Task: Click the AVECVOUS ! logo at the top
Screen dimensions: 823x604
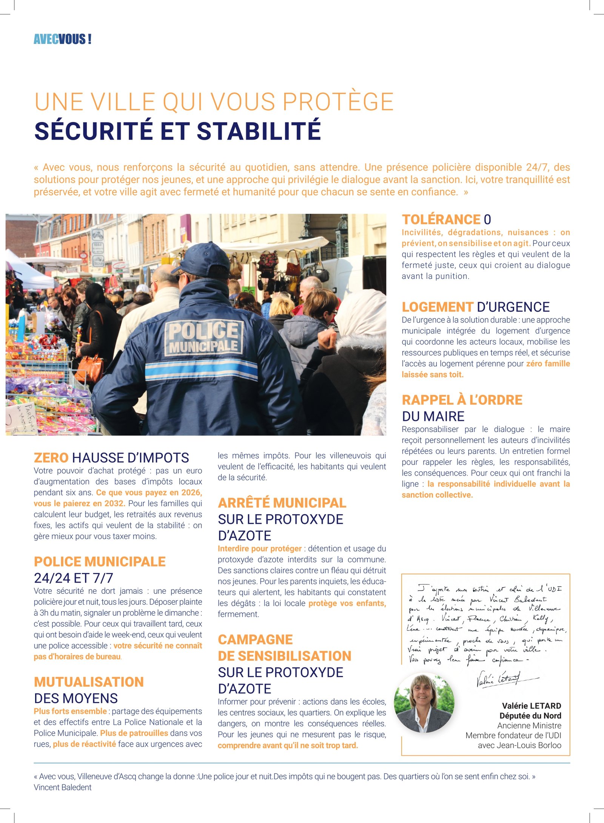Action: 62,39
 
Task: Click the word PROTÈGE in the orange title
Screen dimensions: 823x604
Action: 338,102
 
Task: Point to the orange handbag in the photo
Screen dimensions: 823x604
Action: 90,367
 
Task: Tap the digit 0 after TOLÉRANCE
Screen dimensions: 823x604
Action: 487,219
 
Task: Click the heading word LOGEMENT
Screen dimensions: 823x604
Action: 437,307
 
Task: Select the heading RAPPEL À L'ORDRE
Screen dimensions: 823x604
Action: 462,400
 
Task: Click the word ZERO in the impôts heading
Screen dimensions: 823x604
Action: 51,458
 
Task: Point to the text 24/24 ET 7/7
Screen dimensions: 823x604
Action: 74,578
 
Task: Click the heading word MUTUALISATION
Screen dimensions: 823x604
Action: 89,682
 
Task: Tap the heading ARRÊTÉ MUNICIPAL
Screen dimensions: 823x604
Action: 282,503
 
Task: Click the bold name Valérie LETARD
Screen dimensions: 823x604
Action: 532,706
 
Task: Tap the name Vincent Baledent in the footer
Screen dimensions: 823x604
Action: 63,787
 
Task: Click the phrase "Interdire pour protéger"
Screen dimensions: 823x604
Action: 260,548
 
